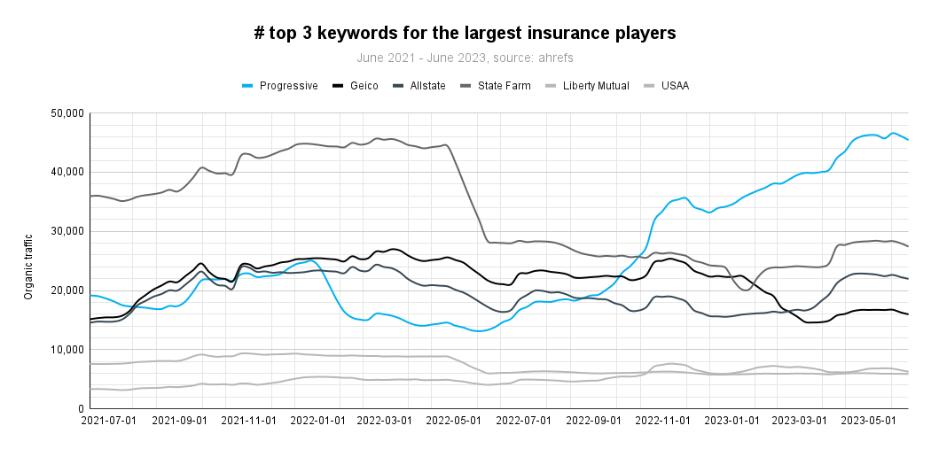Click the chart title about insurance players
tap(465, 34)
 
